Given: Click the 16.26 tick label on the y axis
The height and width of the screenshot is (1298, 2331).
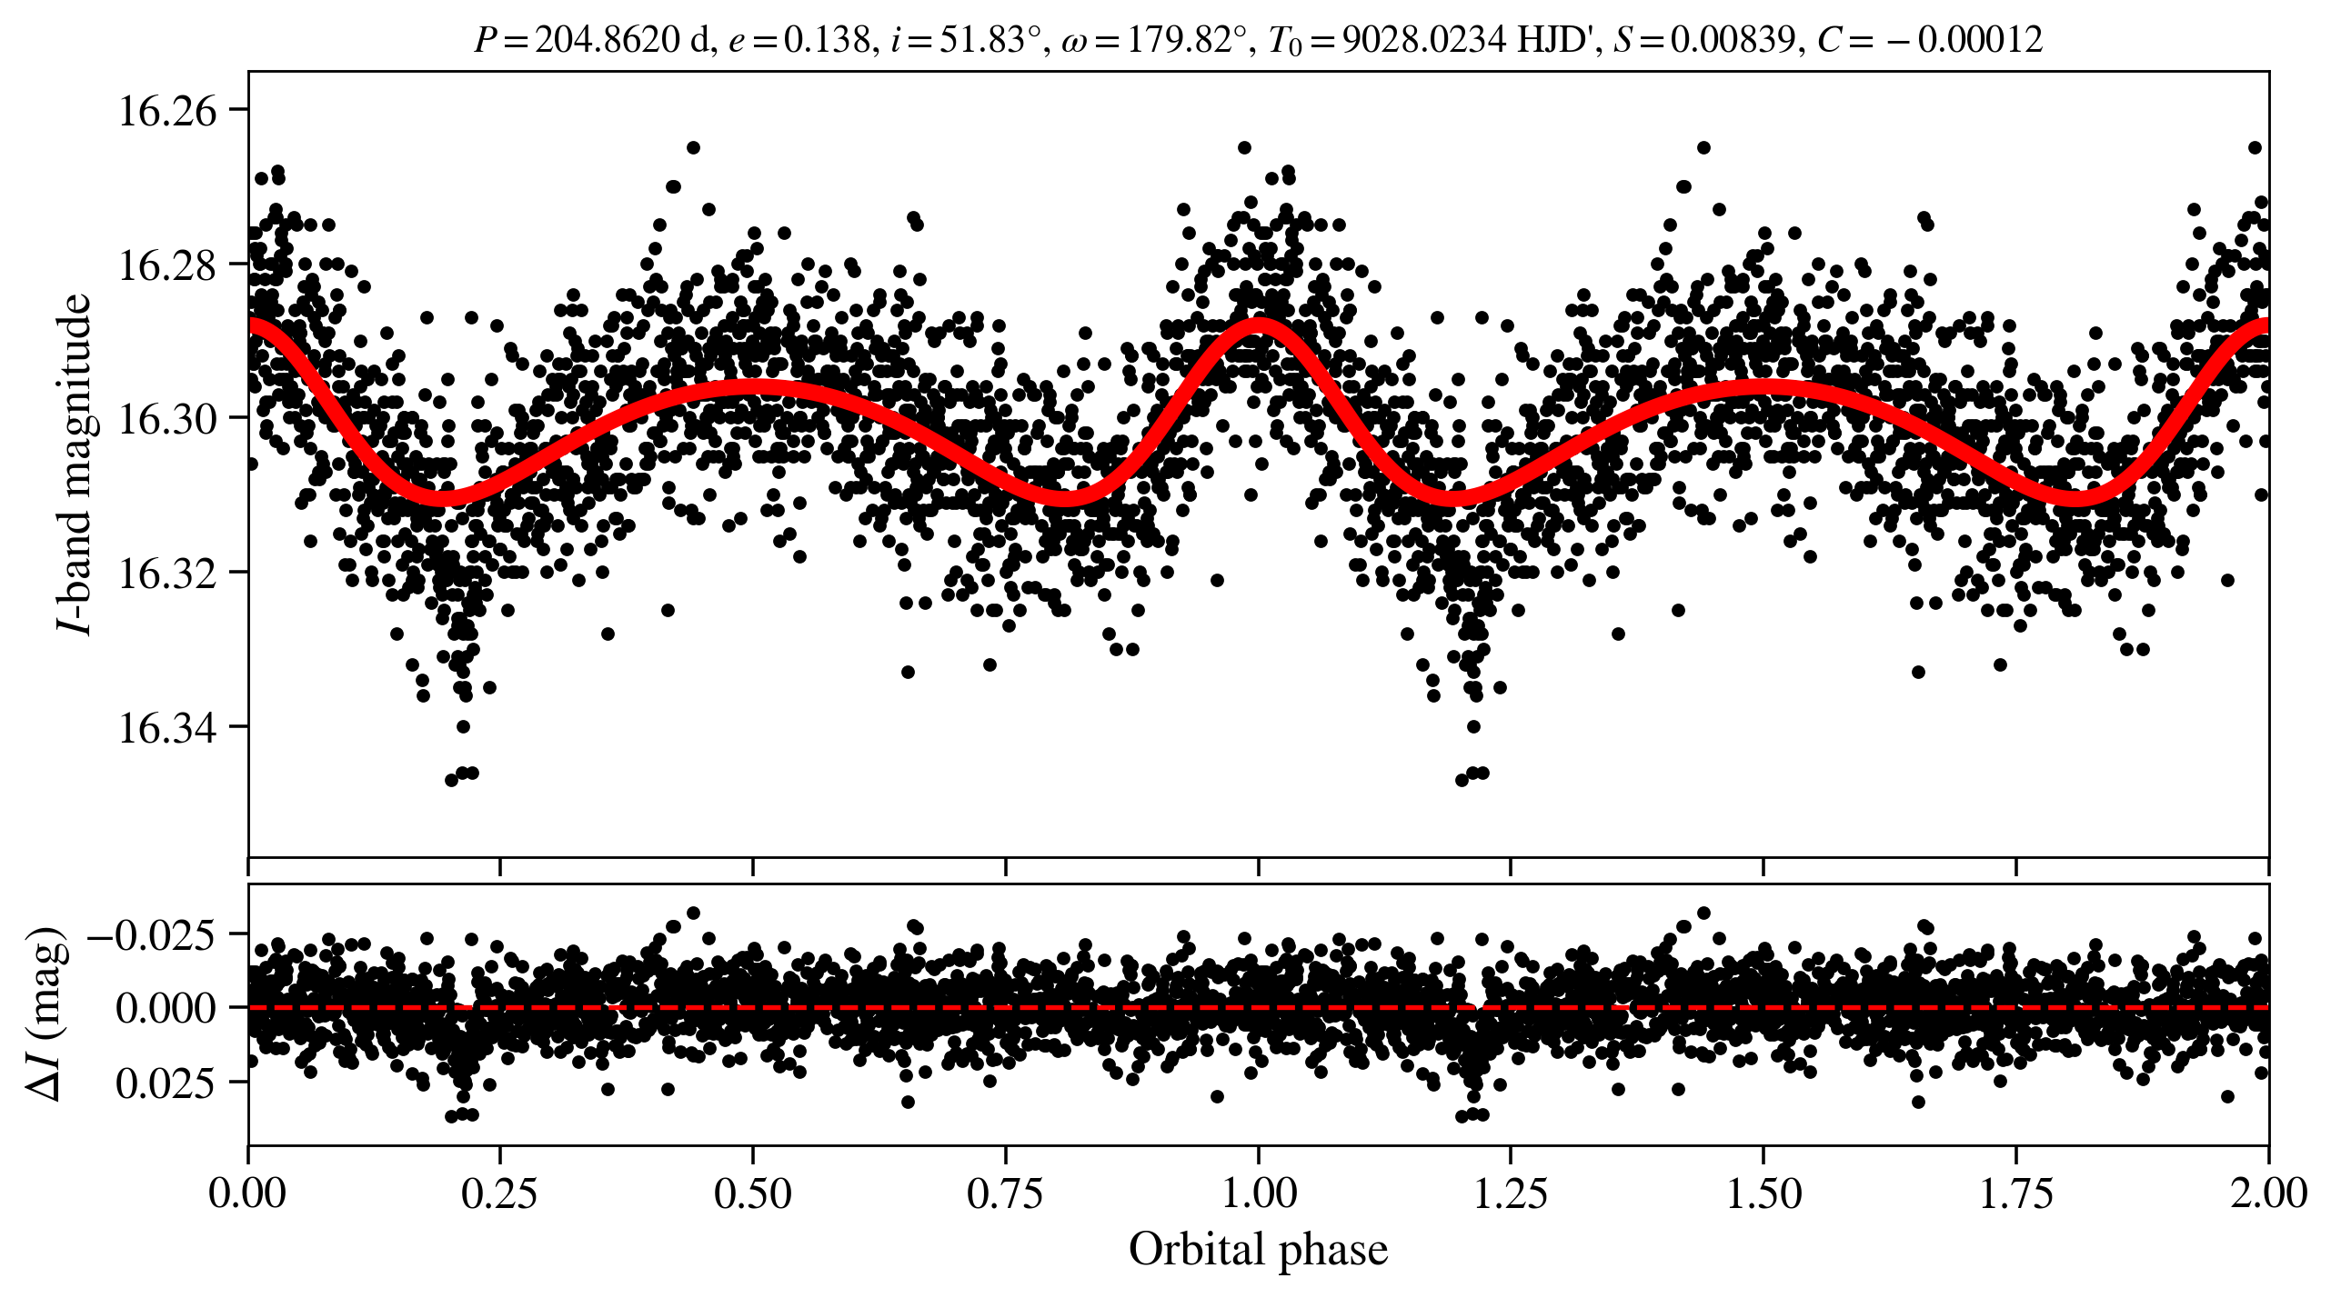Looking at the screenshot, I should pyautogui.click(x=168, y=111).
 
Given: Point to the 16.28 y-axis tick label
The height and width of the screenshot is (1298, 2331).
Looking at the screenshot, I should pyautogui.click(x=168, y=265).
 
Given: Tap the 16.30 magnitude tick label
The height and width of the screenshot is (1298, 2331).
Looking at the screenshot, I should pyautogui.click(x=168, y=419).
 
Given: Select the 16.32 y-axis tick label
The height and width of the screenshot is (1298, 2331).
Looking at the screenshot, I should pyautogui.click(x=168, y=574).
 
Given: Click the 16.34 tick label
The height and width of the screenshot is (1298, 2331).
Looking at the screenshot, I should pyautogui.click(x=168, y=727).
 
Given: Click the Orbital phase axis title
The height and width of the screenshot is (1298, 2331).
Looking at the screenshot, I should pyautogui.click(x=1258, y=1249).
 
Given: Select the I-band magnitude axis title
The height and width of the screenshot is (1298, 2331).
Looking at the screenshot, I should pyautogui.click(x=75, y=464).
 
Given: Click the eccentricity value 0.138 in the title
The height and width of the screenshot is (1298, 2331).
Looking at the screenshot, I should pyautogui.click(x=827, y=39).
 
